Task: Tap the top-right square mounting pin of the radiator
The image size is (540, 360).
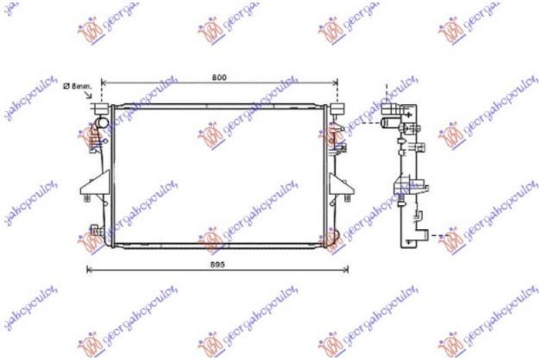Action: pos(338,108)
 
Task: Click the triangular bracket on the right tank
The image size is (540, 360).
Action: pos(339,185)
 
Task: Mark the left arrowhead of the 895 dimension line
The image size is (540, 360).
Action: pos(87,270)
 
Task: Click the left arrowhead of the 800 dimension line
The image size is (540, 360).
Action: pos(105,82)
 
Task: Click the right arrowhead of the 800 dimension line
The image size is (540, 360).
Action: pos(336,82)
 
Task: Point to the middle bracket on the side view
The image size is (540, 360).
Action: pos(404,185)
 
